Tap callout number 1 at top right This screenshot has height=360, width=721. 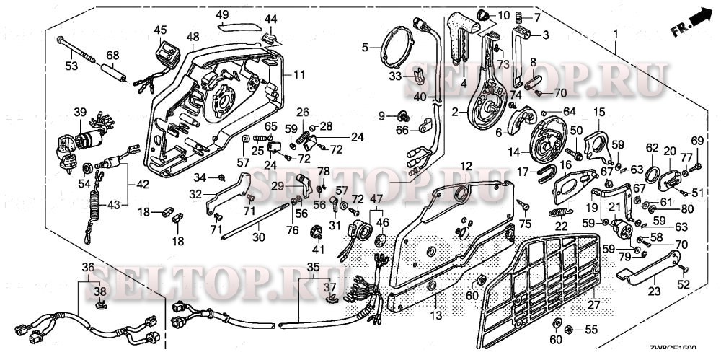pos(616,34)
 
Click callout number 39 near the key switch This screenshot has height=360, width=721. pos(79,112)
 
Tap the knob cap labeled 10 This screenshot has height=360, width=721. pos(484,15)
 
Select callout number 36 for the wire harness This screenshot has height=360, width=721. pos(88,268)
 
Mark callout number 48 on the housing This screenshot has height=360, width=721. pos(193,36)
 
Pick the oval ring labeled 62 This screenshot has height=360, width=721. pos(651,173)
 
